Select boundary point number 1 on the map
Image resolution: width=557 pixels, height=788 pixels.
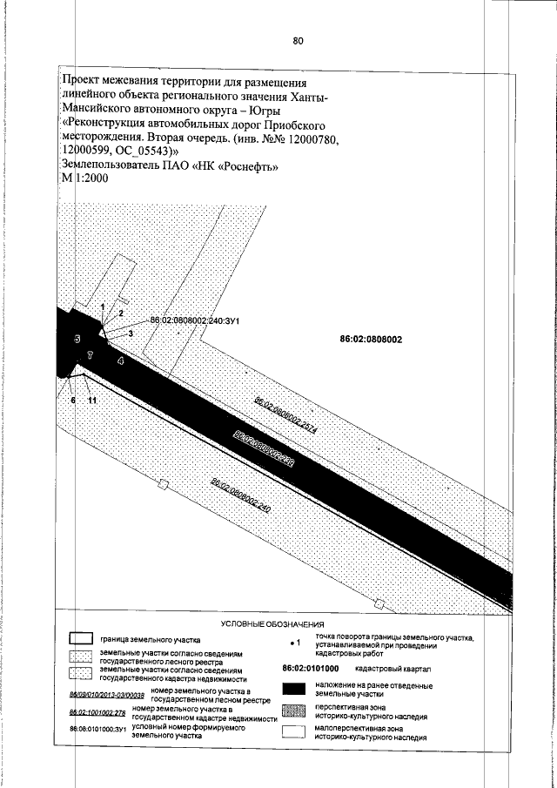click(102, 306)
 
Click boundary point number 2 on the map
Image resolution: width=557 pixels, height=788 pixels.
click(121, 312)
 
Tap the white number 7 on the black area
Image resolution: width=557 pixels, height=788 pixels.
click(89, 356)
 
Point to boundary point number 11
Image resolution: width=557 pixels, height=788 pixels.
click(91, 399)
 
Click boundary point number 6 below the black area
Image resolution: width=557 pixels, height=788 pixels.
click(74, 399)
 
